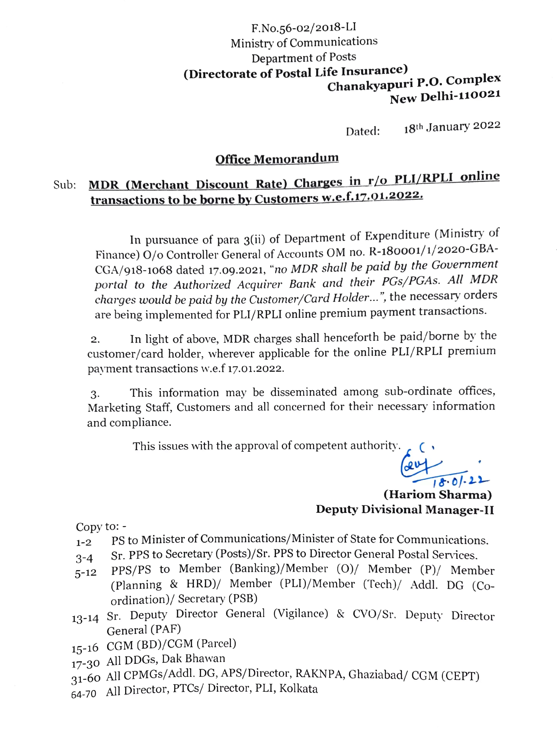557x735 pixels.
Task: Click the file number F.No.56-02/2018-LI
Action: (304, 27)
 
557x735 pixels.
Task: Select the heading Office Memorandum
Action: (277, 159)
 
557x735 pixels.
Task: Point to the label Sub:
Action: (65, 185)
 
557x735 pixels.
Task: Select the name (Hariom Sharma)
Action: (438, 495)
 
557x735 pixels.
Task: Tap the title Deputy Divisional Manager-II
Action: (404, 510)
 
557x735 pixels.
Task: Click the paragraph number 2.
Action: (95, 340)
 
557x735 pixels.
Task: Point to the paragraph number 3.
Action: (95, 394)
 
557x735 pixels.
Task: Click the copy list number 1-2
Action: (84, 543)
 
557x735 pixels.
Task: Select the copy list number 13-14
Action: (85, 618)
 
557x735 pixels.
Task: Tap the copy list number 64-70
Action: (84, 694)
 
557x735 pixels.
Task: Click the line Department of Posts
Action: (304, 58)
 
